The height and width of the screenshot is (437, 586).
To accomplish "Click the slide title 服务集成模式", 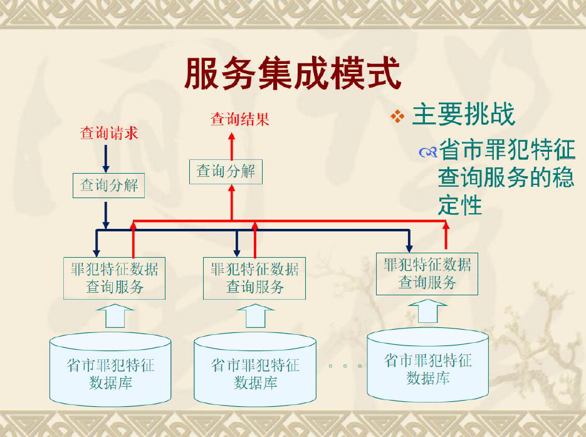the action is [293, 73].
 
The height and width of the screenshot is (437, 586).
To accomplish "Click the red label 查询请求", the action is [109, 133].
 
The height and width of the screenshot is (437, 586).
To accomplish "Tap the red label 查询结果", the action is [240, 119].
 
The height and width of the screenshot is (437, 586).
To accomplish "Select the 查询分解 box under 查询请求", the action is [109, 186].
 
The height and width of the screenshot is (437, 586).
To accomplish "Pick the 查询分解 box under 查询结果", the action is [226, 172].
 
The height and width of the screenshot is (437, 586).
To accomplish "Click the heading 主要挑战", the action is [464, 114].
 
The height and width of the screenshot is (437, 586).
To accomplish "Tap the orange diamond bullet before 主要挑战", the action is [397, 117].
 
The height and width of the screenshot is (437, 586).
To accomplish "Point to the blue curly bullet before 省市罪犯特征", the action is [428, 152].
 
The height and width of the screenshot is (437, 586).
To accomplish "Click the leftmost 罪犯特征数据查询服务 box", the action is [114, 278].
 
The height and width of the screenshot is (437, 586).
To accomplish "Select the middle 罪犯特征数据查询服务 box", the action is [254, 278].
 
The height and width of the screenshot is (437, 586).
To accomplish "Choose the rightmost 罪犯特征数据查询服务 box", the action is [427, 274].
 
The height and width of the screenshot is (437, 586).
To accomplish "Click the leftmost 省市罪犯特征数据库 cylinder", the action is [110, 369].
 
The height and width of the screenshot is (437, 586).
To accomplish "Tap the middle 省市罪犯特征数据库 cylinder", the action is [255, 369].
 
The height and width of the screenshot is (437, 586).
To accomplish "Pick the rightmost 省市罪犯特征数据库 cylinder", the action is [428, 365].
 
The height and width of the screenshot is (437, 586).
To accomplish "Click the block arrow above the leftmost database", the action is [115, 316].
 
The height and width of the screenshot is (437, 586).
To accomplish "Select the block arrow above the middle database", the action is [256, 316].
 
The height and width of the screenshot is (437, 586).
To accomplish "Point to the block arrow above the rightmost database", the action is [428, 311].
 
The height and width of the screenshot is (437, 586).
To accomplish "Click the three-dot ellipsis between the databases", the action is [345, 366].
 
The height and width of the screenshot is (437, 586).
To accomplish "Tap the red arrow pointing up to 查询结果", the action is [232, 146].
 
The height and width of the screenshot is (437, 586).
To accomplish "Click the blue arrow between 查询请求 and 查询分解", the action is [106, 159].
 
